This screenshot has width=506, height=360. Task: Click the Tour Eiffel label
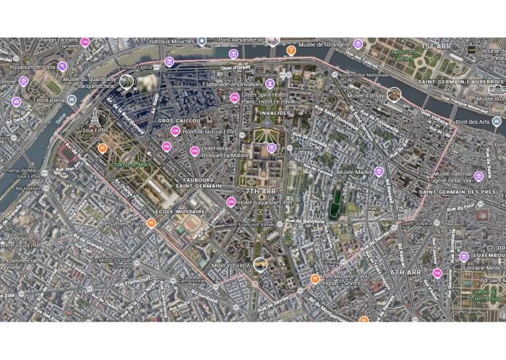pyautogui.click(x=95, y=131)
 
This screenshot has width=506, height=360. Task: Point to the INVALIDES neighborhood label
pyautogui.click(x=275, y=113)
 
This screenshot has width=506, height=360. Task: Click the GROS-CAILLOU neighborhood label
pyautogui.click(x=179, y=121)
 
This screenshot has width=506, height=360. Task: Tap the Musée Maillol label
pyautogui.click(x=354, y=172)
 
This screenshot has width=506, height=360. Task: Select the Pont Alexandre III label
pyautogui.click(x=240, y=40)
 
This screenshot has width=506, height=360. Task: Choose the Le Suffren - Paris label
pyautogui.click(x=123, y=224)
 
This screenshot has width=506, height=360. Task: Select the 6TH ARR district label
pyautogui.click(x=405, y=272)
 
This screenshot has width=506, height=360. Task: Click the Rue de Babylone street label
pyautogui.click(x=306, y=221)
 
